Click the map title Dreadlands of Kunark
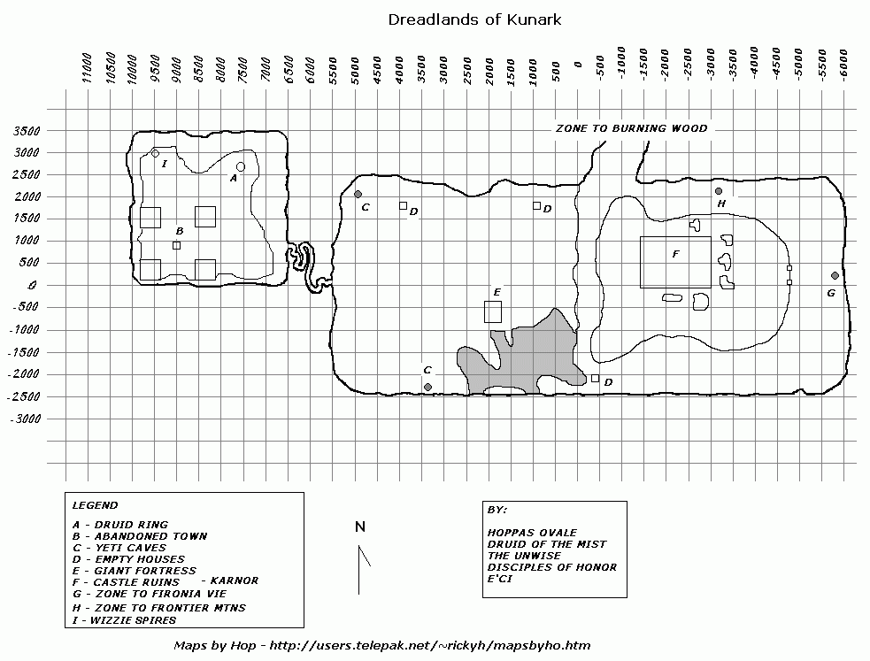[474, 20]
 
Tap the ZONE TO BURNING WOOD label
[631, 128]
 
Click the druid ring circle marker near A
[240, 167]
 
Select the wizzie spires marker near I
[156, 154]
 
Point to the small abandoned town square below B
[176, 246]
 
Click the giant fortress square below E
[493, 311]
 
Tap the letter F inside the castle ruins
[676, 254]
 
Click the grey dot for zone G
[835, 275]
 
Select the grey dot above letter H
[719, 191]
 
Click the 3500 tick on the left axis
[27, 132]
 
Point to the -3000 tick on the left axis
[25, 419]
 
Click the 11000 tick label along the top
[87, 68]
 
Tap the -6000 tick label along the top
[843, 65]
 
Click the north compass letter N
[360, 526]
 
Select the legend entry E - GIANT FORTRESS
[135, 571]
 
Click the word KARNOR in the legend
[235, 580]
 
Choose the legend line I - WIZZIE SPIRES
[124, 620]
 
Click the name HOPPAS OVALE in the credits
[532, 533]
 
